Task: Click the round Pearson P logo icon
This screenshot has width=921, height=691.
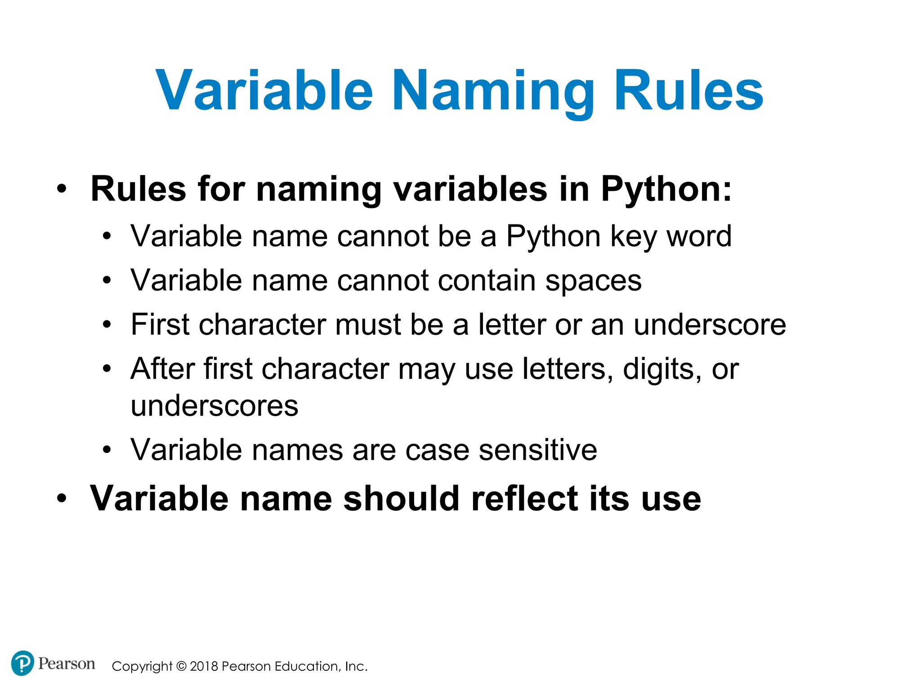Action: (x=22, y=663)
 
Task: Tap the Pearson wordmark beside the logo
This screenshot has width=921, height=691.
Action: (x=67, y=664)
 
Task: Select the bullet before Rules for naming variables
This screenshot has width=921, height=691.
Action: (x=62, y=189)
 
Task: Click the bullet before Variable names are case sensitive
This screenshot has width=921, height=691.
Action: (x=107, y=450)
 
